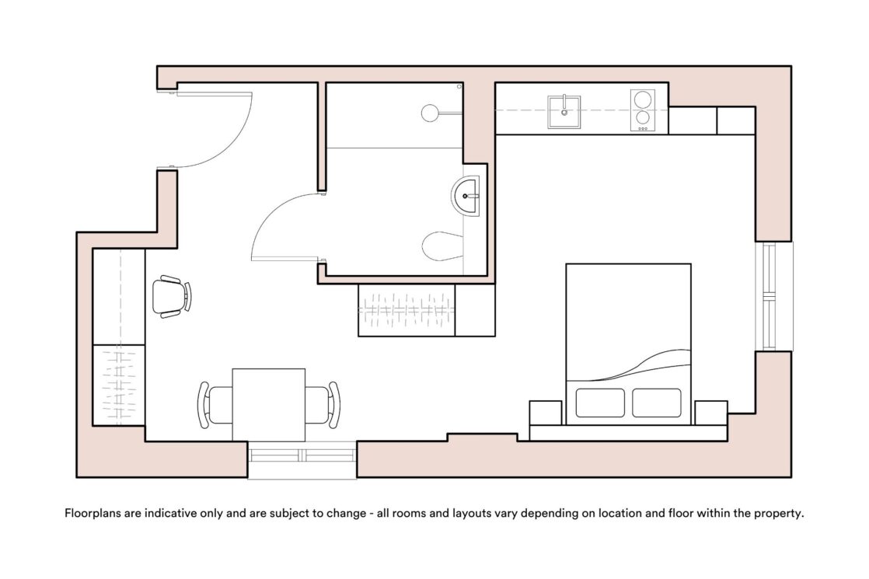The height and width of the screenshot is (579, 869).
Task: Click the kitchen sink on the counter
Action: tap(564, 111)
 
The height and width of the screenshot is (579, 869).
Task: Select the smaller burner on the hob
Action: tap(642, 117)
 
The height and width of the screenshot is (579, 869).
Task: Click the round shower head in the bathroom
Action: tap(430, 113)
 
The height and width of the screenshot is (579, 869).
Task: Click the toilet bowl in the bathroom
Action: tap(442, 246)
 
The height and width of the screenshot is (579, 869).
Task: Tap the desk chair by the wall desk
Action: tap(172, 296)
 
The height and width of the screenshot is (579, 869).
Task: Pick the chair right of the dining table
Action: tap(323, 404)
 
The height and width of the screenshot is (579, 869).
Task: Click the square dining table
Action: tap(269, 404)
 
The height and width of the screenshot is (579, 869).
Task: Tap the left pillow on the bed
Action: tap(599, 403)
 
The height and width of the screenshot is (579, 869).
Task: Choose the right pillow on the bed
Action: tap(657, 403)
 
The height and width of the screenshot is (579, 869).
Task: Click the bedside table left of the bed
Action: tap(546, 413)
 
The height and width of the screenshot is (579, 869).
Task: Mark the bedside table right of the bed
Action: tap(711, 413)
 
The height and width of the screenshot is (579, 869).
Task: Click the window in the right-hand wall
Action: tap(773, 296)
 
